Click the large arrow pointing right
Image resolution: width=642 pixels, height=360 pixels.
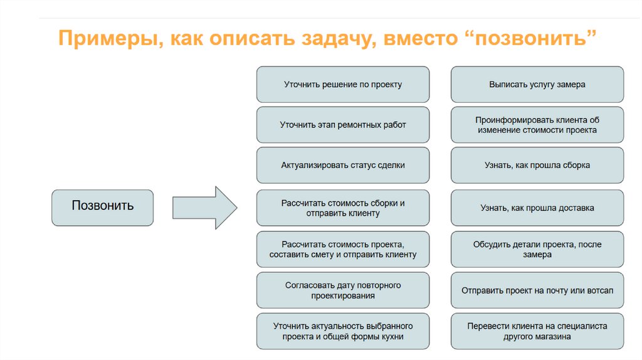tap(204, 207)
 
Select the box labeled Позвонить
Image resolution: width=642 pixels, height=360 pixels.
tap(102, 207)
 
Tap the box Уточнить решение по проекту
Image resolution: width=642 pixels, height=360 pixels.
tap(343, 84)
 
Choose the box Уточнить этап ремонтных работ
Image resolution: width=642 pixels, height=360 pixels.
tap(343, 125)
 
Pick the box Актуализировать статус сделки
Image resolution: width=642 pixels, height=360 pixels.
tap(343, 166)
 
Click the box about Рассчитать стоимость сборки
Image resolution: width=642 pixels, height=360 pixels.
tap(343, 208)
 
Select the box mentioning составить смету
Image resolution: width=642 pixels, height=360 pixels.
tap(343, 249)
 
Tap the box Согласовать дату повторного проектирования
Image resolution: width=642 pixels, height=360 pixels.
tap(343, 290)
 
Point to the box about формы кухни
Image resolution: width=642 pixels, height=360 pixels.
tap(343, 331)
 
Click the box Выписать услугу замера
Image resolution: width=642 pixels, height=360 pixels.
tap(537, 84)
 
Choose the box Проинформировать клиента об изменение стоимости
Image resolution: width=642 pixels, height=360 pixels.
tap(537, 125)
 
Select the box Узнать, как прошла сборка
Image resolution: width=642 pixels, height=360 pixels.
tap(537, 166)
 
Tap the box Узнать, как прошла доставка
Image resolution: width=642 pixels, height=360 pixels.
tap(537, 208)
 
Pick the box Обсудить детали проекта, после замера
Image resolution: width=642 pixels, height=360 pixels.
tap(537, 249)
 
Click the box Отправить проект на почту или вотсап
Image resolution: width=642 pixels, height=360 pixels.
tap(537, 290)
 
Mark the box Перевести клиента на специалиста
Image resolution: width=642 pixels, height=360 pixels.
tap(537, 331)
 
